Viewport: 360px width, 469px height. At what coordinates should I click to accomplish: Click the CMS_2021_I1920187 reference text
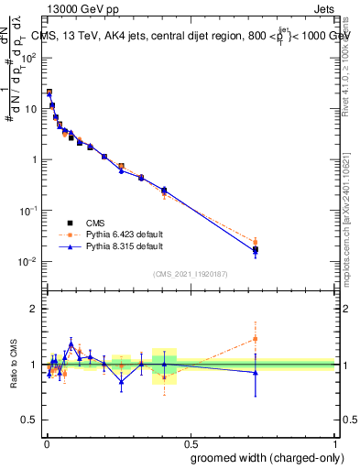(x=191, y=273)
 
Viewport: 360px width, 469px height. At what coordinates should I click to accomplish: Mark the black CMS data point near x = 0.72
(x=256, y=249)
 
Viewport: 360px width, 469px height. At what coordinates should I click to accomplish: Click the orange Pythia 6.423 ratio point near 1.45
(x=256, y=339)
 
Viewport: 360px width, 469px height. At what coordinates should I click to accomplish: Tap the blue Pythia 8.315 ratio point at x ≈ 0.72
(x=256, y=372)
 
